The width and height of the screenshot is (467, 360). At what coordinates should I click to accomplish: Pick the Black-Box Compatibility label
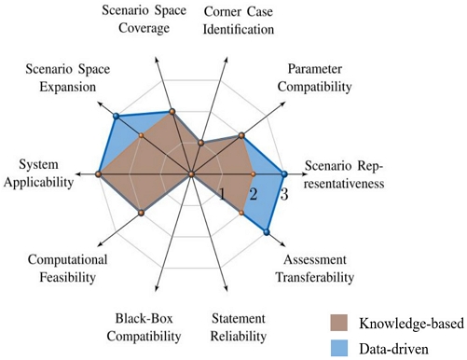click(x=143, y=325)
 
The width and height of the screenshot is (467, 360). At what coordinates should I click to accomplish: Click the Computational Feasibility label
click(x=68, y=268)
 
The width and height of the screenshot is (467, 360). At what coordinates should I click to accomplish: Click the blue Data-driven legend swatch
click(x=343, y=347)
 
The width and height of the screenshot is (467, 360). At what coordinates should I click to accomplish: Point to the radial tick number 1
click(x=222, y=194)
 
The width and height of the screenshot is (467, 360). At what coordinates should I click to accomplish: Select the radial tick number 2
click(x=253, y=195)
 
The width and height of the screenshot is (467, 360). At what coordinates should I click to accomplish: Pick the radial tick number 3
click(x=284, y=195)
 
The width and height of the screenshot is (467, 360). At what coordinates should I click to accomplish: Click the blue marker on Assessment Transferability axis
click(x=267, y=230)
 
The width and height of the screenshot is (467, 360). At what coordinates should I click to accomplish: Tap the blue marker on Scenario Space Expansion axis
click(x=116, y=117)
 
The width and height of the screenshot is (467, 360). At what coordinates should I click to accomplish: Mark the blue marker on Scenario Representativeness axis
click(x=284, y=173)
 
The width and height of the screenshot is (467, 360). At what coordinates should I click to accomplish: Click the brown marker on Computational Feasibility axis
click(x=141, y=213)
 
